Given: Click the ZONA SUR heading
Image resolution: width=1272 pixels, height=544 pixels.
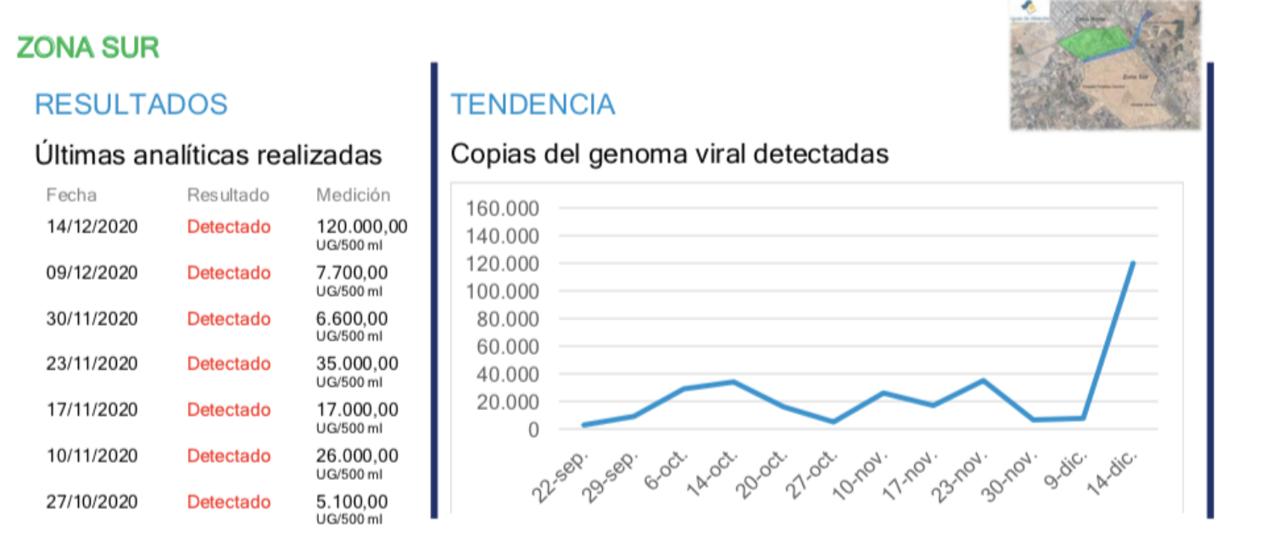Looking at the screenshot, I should click(x=88, y=48).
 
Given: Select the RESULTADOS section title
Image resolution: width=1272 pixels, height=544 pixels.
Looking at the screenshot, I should click(x=131, y=104).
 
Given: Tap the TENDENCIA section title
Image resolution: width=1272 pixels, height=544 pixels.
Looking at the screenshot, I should click(x=533, y=104).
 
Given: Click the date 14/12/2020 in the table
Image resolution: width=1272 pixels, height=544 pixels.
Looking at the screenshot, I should click(x=92, y=227).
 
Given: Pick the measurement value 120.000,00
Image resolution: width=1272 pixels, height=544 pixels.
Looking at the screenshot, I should click(x=361, y=227).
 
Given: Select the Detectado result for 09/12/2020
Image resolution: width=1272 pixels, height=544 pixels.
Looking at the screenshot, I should click(x=229, y=273).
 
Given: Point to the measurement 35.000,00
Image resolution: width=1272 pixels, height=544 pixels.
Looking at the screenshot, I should click(x=357, y=364).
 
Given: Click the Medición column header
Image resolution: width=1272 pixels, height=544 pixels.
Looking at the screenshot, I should click(x=353, y=195).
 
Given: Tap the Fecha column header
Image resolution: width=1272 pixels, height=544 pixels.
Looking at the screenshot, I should click(x=71, y=195).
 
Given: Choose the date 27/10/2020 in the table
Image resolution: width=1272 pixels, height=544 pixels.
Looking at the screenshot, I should click(x=92, y=502).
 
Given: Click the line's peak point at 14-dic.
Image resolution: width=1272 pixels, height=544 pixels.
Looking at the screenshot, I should click(x=1133, y=263).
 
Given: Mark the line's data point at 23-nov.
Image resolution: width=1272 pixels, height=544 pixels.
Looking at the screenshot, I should click(x=983, y=380).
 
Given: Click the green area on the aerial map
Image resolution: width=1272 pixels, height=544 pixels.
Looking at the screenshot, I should click(x=1095, y=42).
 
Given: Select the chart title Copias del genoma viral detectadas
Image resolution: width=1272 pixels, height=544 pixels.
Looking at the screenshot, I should click(x=669, y=154).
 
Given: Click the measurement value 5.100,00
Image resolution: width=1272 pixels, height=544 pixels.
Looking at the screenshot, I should click(x=352, y=502).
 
